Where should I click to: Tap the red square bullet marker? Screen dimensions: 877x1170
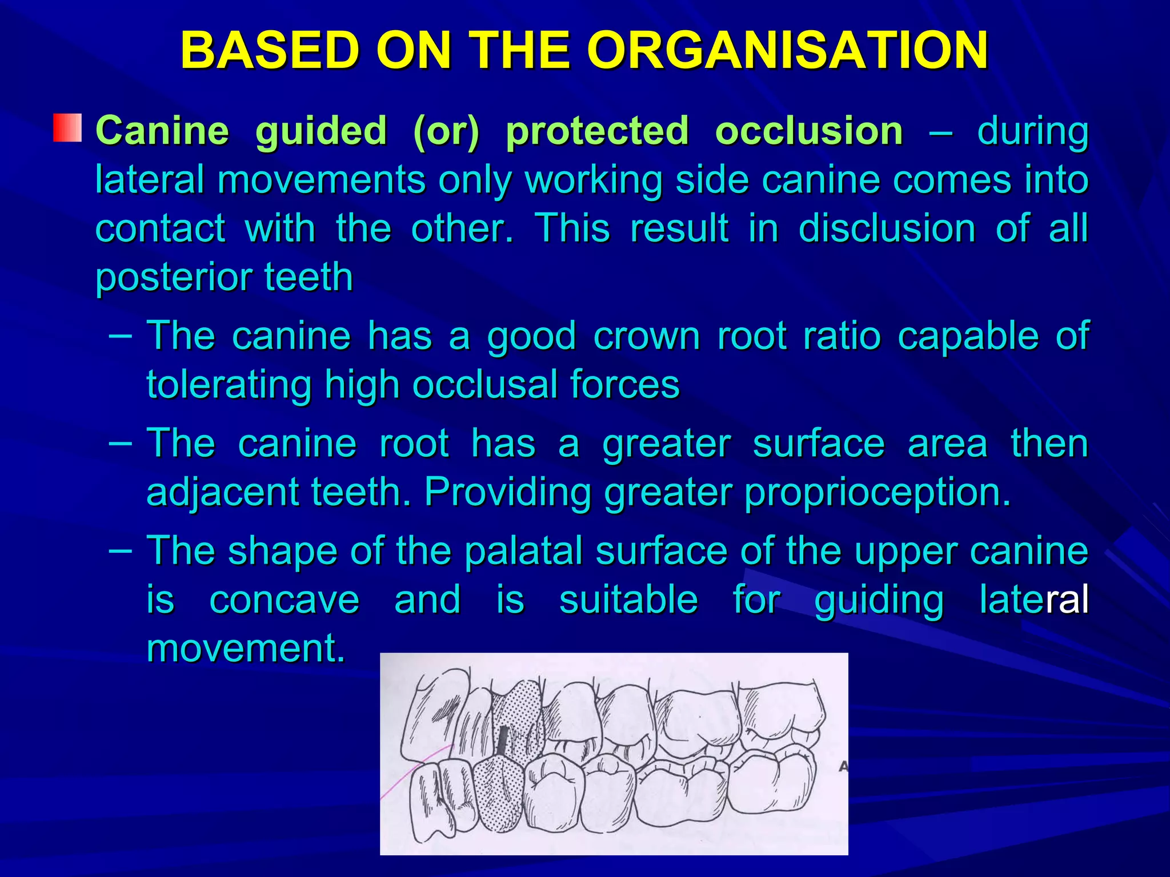click(67, 128)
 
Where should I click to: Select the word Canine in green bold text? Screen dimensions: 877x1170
click(162, 131)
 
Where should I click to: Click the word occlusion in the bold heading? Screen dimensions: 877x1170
click(809, 131)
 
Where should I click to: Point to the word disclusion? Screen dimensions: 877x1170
click(887, 228)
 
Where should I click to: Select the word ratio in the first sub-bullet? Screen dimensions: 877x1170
click(842, 336)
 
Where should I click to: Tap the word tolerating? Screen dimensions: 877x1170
click(229, 384)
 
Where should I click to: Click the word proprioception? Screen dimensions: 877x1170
click(877, 492)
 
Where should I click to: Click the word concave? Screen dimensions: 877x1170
click(284, 600)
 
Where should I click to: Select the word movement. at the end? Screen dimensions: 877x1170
click(246, 649)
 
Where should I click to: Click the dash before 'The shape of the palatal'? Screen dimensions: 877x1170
click(120, 550)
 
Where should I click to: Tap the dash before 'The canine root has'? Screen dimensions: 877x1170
click(120, 443)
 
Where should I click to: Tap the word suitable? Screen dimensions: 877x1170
click(628, 600)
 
